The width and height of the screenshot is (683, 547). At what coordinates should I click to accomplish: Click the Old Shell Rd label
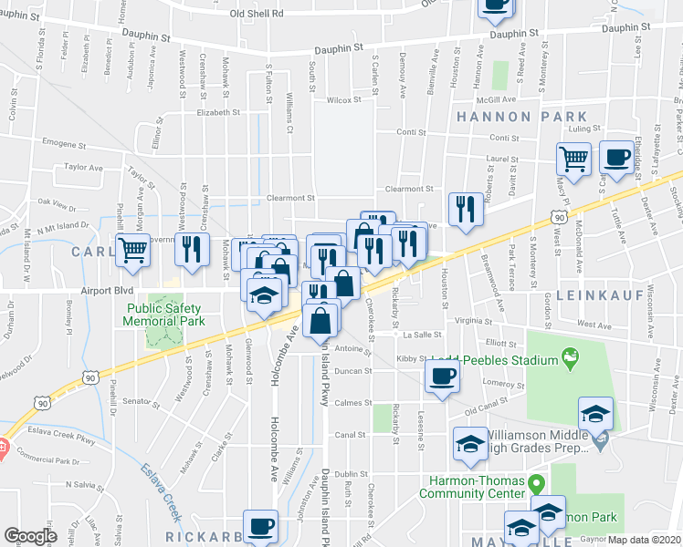pyautogui.click(x=257, y=14)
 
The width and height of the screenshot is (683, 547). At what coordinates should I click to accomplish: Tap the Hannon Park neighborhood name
pyautogui.click(x=521, y=117)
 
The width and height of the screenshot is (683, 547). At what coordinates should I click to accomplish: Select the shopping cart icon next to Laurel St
pyautogui.click(x=574, y=159)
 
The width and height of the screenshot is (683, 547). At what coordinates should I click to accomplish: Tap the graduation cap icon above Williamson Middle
pyautogui.click(x=595, y=415)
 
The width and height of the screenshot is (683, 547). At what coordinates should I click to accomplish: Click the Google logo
pyautogui.click(x=31, y=535)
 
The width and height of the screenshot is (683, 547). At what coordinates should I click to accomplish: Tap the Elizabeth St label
pyautogui.click(x=217, y=113)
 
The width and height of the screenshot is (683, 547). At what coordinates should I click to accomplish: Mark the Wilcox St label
pyautogui.click(x=343, y=100)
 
